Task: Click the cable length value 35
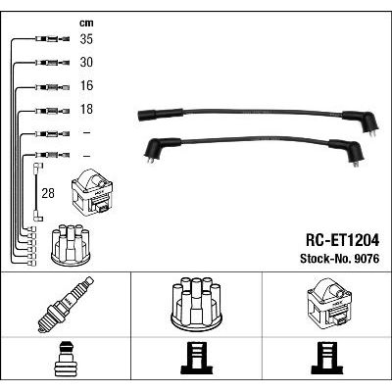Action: point(86,39)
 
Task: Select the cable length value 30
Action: point(86,62)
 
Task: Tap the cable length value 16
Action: point(86,85)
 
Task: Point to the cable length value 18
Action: point(86,109)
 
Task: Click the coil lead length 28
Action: point(48,193)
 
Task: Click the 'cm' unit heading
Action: point(86,23)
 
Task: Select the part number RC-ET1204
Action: point(342,241)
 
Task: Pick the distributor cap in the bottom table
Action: point(196,305)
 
